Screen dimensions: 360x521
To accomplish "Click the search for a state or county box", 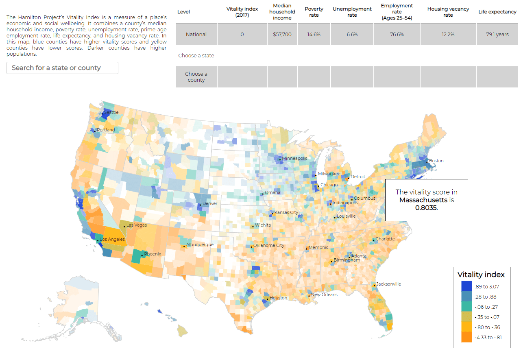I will pos(62,68).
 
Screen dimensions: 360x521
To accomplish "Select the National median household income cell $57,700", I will pos(282,35).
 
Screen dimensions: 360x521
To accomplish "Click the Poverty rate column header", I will pos(314,12).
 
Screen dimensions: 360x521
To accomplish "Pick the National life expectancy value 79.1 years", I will pos(496,35).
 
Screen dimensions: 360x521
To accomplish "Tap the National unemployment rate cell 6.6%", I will pos(352,35).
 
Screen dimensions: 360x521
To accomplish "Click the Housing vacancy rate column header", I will pos(448,12).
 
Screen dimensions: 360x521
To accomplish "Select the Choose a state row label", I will pos(196,56).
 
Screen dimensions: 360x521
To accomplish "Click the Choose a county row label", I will pos(196,77).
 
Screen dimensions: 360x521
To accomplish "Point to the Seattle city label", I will pos(111,112).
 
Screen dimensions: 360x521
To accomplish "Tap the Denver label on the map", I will pos(210,203).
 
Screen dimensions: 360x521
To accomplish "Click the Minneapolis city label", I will pos(295,158).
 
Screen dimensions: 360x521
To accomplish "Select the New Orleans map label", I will pos(324,295).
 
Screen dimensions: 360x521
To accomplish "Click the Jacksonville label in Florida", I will pos(388,284).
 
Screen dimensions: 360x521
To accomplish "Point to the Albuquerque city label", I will pos(200,245).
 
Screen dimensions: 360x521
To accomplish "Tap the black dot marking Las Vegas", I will pos(124,227).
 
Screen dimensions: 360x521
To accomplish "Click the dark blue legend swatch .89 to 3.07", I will pos(466,286).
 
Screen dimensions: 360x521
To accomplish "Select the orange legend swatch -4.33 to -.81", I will pos(466,337).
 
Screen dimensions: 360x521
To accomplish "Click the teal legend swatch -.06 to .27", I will pos(466,307).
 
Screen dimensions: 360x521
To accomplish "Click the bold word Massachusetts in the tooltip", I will pos(423,200).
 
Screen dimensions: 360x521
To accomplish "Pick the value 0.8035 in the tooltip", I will pos(425,207).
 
